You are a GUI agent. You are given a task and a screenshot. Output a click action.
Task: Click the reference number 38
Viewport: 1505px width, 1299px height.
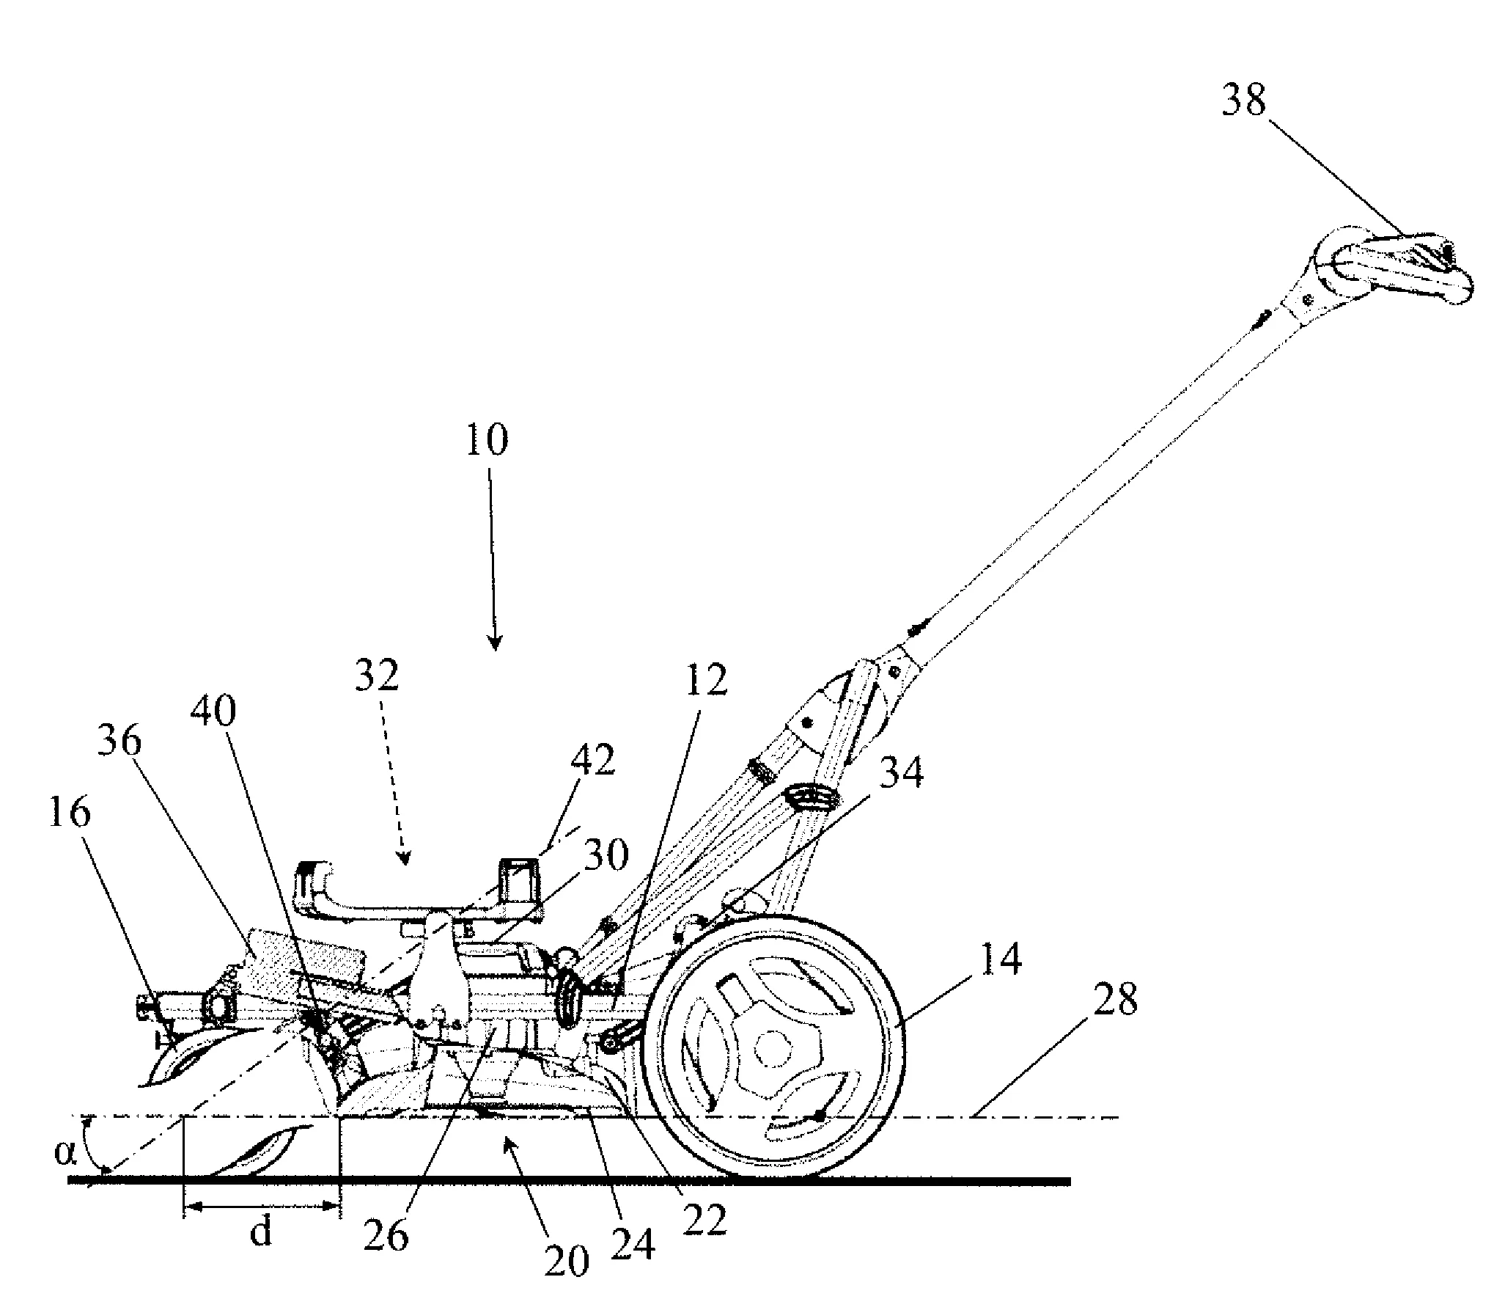coord(1244,100)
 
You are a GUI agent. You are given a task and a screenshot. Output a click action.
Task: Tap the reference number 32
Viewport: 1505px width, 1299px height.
coord(377,676)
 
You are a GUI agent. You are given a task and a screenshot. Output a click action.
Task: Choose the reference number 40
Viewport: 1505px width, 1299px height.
coord(213,710)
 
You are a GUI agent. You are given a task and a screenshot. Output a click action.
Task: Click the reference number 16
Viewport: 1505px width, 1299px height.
coord(70,813)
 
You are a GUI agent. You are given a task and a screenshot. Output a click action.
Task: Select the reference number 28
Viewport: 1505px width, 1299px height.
coord(1115,999)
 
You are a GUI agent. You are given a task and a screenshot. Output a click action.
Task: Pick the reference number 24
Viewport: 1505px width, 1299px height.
coord(632,1244)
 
